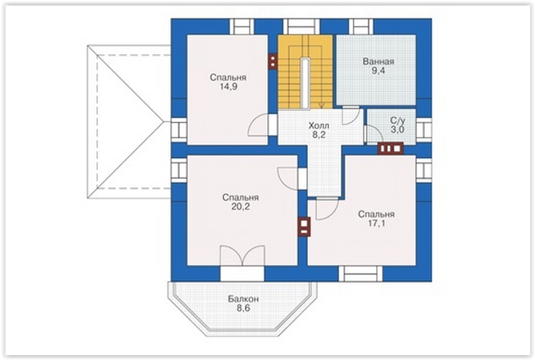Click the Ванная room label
coord(378,62)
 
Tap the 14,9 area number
coord(228,86)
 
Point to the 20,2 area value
coord(241,207)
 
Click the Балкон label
coord(243,299)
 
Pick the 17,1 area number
coord(376,223)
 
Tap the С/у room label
coord(398,121)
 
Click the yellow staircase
coord(305,72)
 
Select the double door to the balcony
coord(243,256)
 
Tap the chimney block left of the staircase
coord(273,61)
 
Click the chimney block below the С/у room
coord(390,148)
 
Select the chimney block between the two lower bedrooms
coord(305,226)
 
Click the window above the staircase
coord(302,26)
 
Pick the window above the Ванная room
coord(361,26)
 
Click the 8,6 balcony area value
coord(243,308)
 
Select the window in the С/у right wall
coord(424,130)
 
